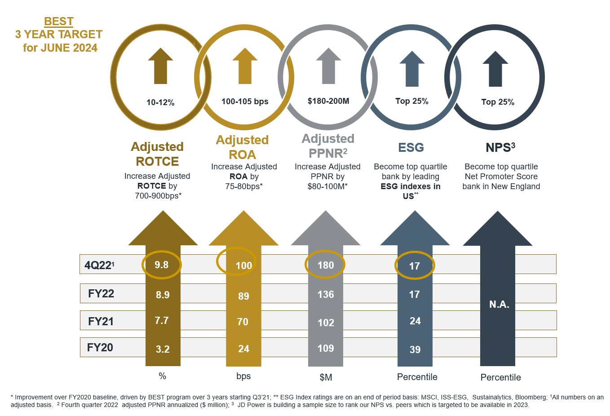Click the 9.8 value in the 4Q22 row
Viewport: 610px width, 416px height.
tap(161, 265)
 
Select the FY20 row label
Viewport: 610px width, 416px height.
tap(100, 348)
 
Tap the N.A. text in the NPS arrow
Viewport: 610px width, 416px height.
tap(499, 305)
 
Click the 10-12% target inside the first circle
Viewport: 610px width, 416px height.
tap(160, 102)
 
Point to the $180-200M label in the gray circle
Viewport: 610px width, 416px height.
tap(328, 101)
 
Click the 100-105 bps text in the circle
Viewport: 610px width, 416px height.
tap(245, 102)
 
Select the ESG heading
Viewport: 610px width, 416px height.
tap(411, 148)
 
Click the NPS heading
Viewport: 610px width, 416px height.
tap(500, 148)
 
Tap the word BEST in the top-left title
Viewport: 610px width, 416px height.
tap(59, 22)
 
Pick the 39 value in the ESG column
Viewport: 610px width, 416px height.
tap(415, 350)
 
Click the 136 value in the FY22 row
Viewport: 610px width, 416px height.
tap(326, 295)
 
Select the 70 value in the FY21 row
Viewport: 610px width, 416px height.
tap(243, 322)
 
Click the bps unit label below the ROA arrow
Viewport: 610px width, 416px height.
tap(243, 376)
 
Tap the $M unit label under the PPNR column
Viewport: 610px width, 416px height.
tap(326, 377)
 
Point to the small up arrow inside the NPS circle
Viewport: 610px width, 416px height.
tap(495, 68)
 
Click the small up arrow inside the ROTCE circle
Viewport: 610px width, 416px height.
tap(160, 66)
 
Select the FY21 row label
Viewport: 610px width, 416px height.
tap(101, 321)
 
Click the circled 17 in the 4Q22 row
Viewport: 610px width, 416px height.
tap(415, 266)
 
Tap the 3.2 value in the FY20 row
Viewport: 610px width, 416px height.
tap(163, 350)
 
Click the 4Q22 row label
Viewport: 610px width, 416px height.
tap(99, 266)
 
